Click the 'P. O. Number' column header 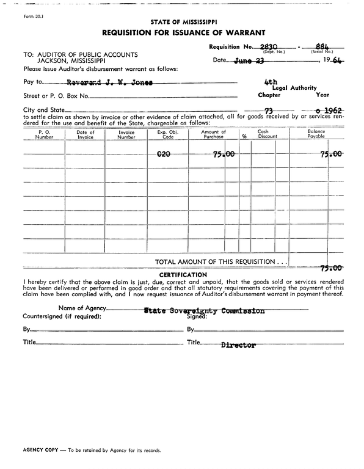44,134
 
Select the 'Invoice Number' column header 126,134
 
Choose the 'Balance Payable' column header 316,134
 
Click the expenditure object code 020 164,155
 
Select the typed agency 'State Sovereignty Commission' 204,310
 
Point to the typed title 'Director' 238,345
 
